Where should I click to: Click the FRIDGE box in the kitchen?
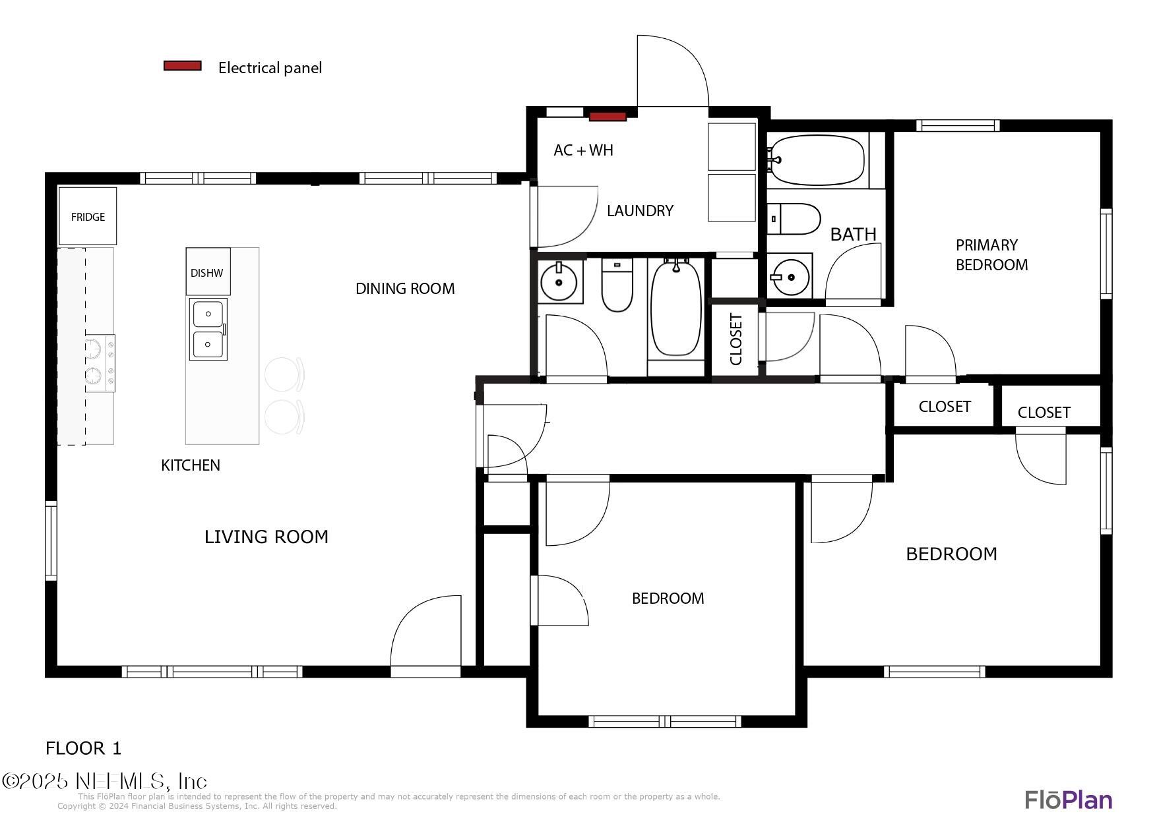point(88,216)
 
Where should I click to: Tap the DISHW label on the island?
point(206,273)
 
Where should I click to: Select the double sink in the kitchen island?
point(208,329)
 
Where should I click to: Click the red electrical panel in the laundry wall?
point(608,117)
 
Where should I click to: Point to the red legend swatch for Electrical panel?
point(183,66)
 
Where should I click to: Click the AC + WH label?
point(583,150)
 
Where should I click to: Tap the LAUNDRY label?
point(640,211)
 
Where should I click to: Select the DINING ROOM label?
point(405,289)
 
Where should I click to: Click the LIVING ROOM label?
point(266,537)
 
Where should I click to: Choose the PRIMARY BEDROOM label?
point(991,255)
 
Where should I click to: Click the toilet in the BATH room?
point(794,219)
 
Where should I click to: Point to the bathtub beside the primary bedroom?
point(817,160)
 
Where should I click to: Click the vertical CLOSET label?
point(736,339)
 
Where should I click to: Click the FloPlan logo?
point(1069,800)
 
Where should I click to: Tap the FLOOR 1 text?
point(84,748)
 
